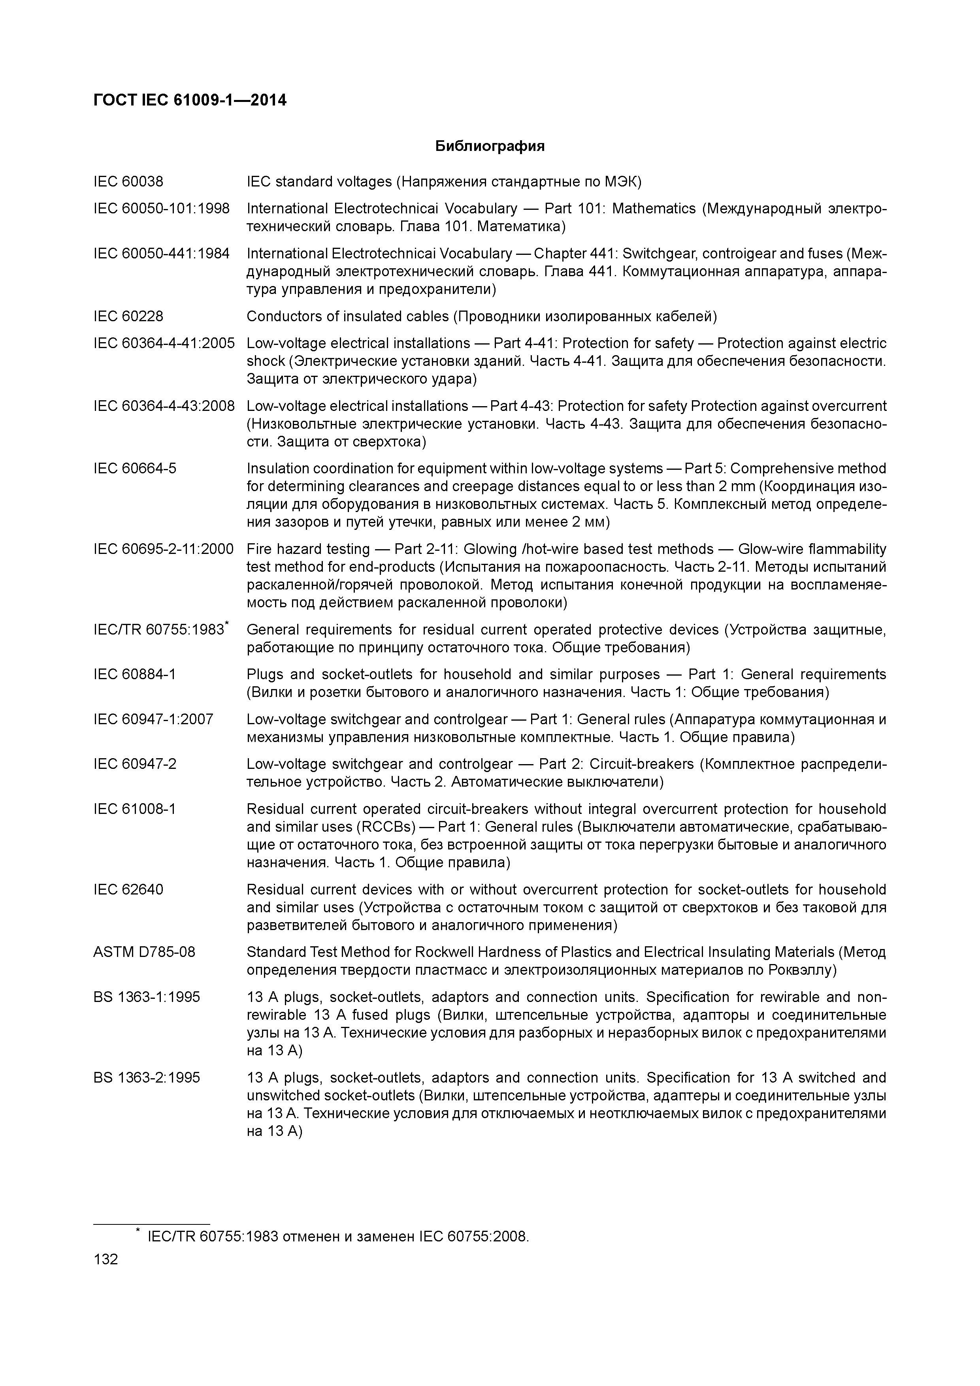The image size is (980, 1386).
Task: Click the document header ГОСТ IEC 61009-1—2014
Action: click(190, 100)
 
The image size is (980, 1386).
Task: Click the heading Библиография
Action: click(490, 146)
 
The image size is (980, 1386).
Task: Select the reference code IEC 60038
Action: click(128, 181)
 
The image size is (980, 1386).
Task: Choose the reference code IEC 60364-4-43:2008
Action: click(164, 406)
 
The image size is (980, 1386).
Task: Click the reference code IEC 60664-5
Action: click(135, 469)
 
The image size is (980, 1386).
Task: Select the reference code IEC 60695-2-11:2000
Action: click(163, 549)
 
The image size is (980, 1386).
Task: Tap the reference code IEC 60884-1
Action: click(135, 674)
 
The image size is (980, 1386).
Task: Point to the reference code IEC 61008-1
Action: click(135, 808)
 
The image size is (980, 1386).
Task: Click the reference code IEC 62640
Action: click(128, 889)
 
